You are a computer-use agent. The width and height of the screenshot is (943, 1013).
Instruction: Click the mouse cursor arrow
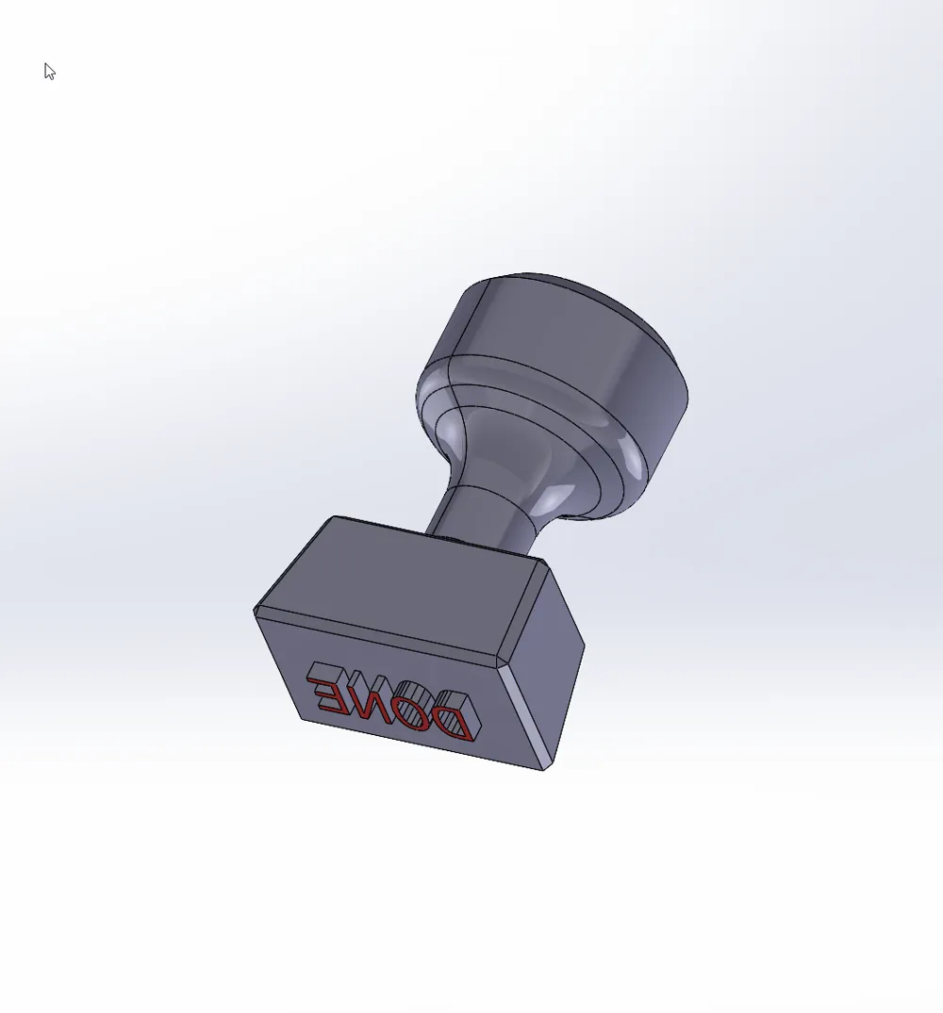[x=49, y=71]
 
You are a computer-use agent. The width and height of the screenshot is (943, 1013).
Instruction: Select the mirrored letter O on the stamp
[x=412, y=706]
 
